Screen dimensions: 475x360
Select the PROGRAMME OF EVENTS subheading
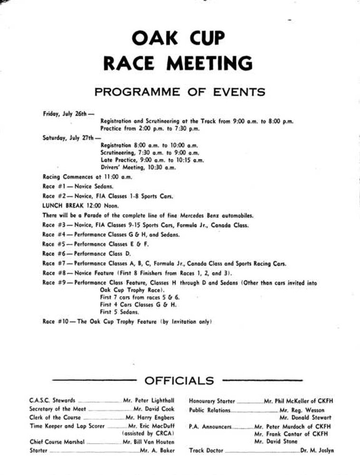pyautogui.click(x=180, y=92)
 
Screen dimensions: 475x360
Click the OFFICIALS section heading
pyautogui.click(x=179, y=380)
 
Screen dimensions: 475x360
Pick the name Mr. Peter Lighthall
pyautogui.click(x=149, y=401)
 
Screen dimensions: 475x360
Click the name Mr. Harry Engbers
pyautogui.click(x=151, y=418)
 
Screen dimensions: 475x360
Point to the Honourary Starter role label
pyautogui.click(x=212, y=401)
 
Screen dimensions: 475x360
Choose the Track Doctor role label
pyautogui.click(x=206, y=450)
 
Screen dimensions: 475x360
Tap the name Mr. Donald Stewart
pyautogui.click(x=305, y=418)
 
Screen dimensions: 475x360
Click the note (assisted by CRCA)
pyautogui.click(x=149, y=434)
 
